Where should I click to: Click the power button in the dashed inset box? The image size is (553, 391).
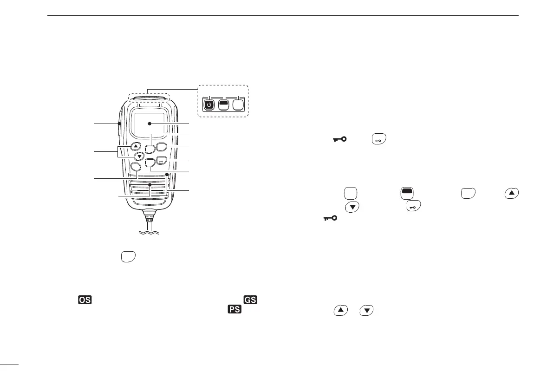click(209, 105)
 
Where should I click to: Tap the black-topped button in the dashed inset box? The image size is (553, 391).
click(224, 105)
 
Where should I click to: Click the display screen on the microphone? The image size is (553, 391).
click(150, 124)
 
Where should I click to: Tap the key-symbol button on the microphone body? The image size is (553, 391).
click(162, 161)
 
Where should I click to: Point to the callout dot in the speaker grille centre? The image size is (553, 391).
click(150, 185)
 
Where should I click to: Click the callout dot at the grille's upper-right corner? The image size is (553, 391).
click(166, 175)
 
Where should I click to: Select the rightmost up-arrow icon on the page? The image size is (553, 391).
click(511, 192)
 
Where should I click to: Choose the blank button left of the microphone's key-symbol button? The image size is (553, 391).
click(150, 162)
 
